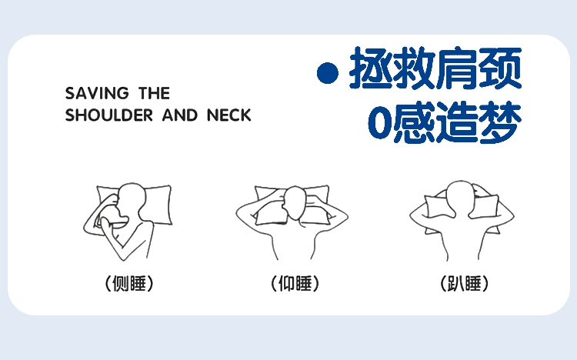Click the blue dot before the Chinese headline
[x=328, y=73]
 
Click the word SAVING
[x=97, y=94]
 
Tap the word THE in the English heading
[x=154, y=94]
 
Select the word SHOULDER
[x=109, y=115]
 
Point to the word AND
[x=180, y=115]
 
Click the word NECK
[x=229, y=115]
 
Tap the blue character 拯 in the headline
[x=371, y=68]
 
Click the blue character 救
[x=414, y=68]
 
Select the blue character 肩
[x=457, y=68]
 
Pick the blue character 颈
[x=500, y=68]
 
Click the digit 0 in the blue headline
[x=379, y=122]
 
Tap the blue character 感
[x=414, y=122]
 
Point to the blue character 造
[x=457, y=122]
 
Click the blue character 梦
[x=500, y=122]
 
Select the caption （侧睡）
[x=129, y=283]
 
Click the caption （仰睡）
[x=295, y=283]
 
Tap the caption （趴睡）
[x=465, y=283]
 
